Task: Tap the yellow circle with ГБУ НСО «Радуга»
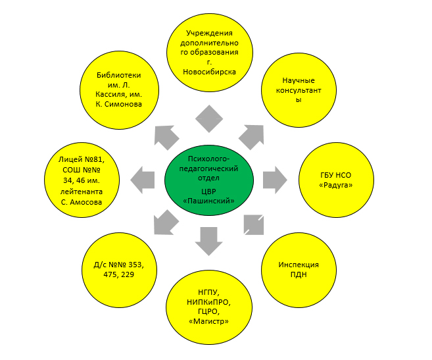pyautogui.click(x=335, y=179)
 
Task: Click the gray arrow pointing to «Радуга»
pyautogui.click(x=274, y=178)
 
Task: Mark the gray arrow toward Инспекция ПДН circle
pyautogui.click(x=252, y=224)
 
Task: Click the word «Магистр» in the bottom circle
pyautogui.click(x=208, y=322)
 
